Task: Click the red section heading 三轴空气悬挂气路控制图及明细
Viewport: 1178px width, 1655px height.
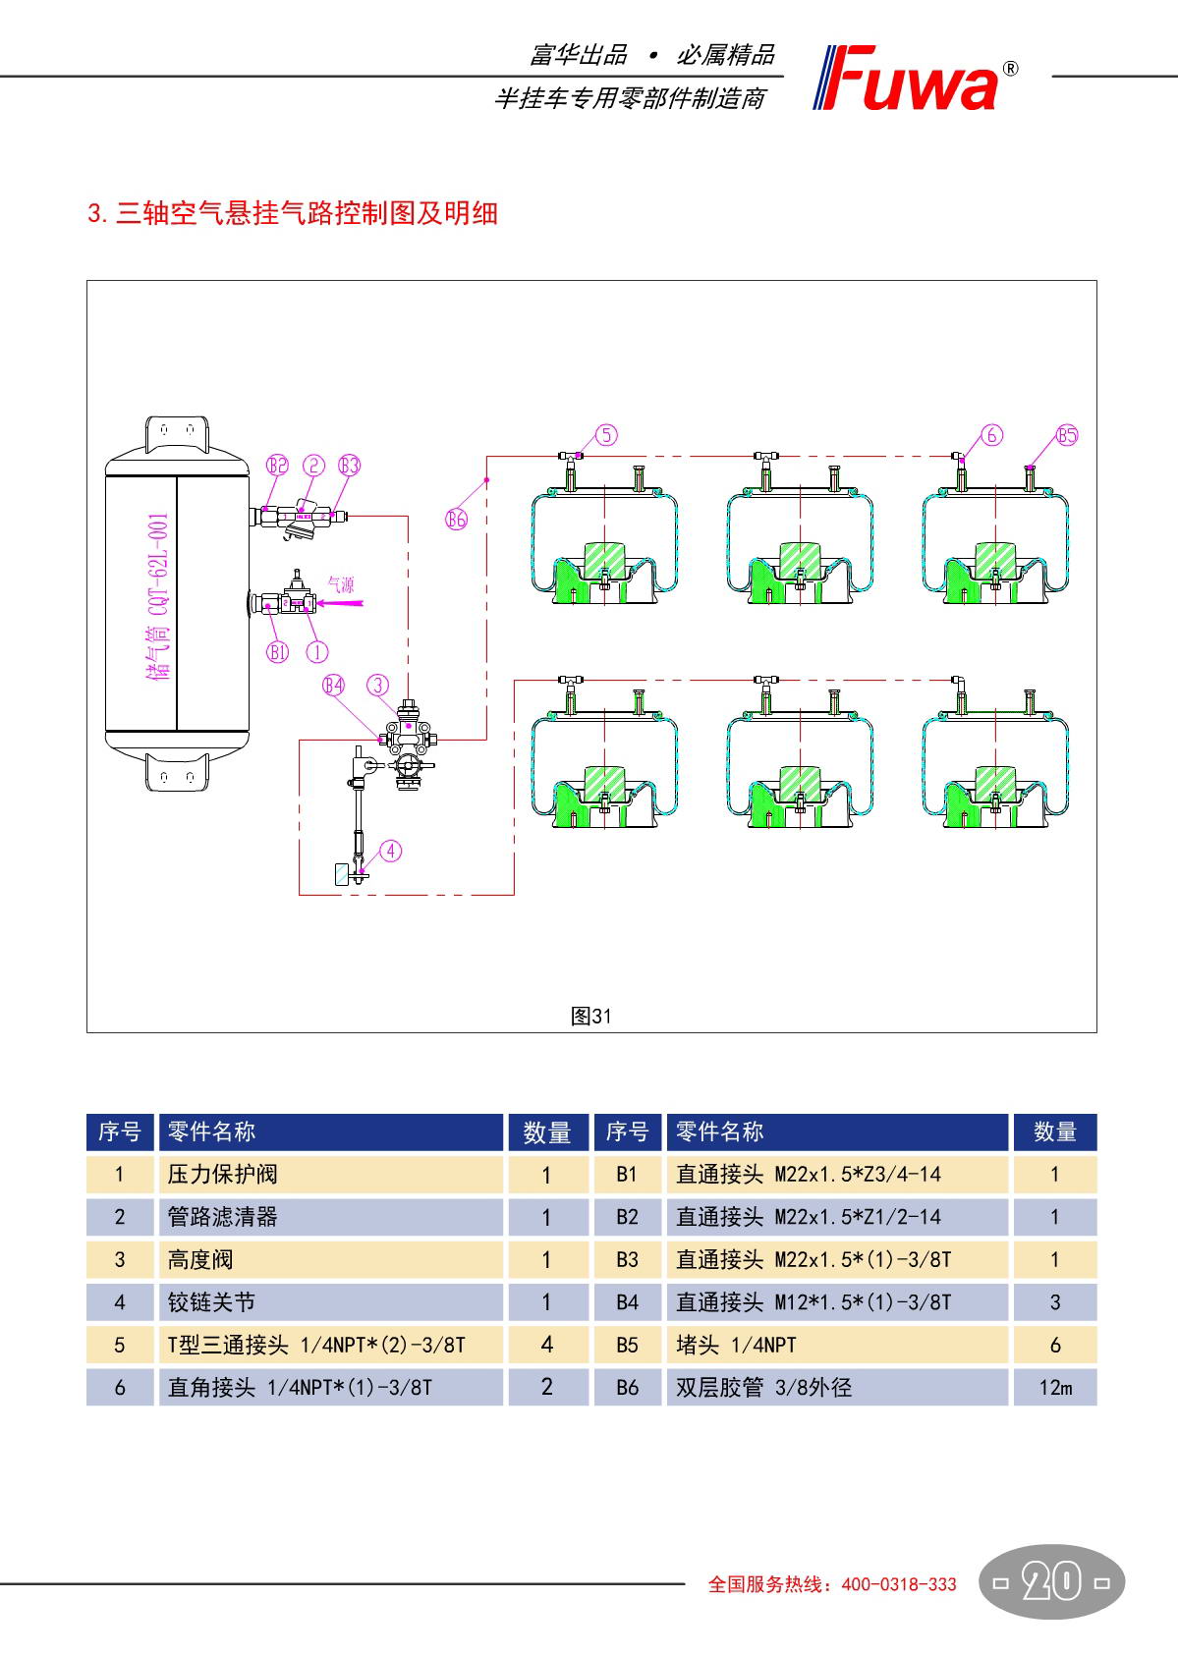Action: click(293, 213)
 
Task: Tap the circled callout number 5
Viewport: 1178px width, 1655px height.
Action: click(607, 435)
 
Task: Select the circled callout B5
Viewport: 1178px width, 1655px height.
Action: click(1067, 435)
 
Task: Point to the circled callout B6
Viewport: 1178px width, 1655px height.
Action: click(457, 519)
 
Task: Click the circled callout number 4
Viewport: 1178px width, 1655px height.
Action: click(391, 851)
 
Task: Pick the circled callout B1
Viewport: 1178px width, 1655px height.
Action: click(278, 651)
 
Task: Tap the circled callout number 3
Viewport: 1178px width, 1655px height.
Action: click(378, 686)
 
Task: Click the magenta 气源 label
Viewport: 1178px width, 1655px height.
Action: click(340, 585)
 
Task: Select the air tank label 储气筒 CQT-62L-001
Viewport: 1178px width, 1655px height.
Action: click(157, 594)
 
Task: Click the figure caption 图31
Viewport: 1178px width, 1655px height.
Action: click(590, 1017)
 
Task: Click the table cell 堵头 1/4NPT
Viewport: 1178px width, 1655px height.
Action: click(736, 1345)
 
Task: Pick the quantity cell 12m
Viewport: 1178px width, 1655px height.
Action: click(1054, 1388)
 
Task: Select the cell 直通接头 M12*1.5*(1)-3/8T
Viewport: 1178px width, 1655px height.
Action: click(813, 1302)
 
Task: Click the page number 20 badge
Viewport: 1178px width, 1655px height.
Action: click(1052, 1582)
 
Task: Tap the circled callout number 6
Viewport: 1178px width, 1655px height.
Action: click(992, 435)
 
